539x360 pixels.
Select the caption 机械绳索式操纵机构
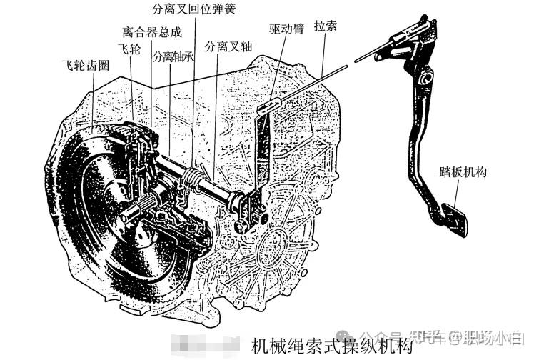331,346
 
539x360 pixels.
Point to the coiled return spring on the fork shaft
196,176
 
